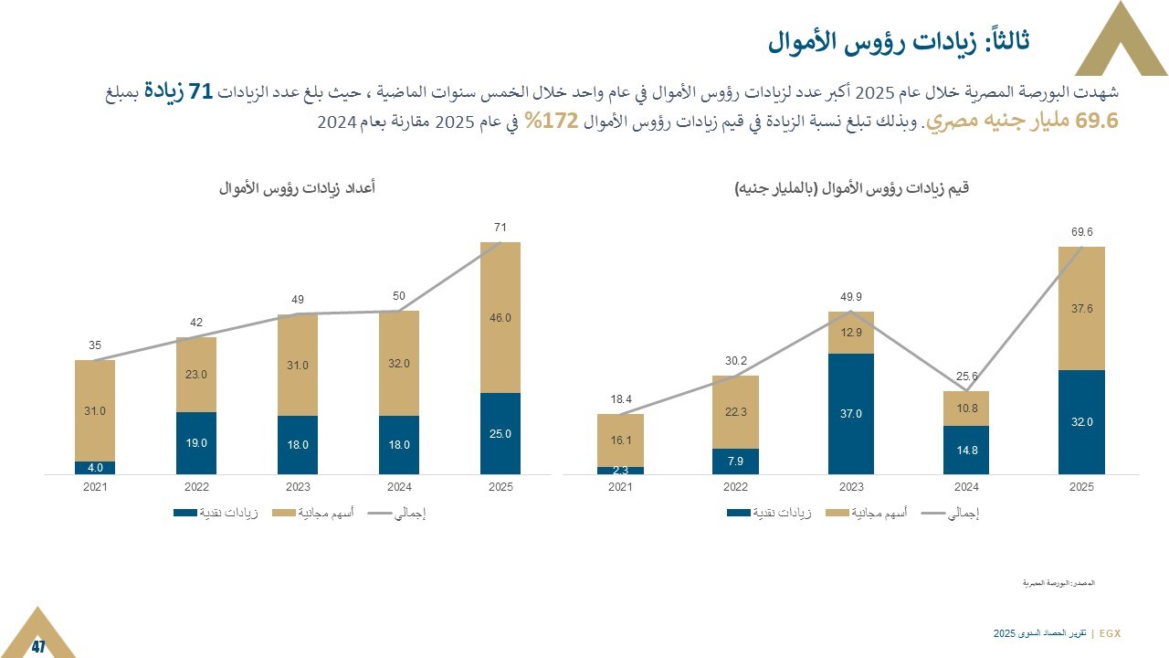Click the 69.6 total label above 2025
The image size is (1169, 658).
point(1081,233)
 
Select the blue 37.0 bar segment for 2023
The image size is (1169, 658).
point(851,414)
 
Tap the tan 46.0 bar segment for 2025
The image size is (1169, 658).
point(500,318)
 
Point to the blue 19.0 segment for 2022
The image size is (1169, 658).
point(196,443)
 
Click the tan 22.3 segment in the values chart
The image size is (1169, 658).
point(735,412)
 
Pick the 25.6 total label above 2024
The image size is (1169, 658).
point(966,377)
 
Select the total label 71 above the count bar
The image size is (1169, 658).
point(500,227)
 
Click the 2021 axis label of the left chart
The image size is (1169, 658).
point(95,487)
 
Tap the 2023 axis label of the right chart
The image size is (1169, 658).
point(851,487)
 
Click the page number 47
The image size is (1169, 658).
point(38,647)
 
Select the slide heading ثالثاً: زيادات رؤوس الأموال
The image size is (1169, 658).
point(899,41)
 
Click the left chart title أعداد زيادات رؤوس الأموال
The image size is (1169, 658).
point(298,187)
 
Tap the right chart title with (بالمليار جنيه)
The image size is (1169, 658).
point(851,187)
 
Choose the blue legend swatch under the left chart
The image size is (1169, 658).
point(184,514)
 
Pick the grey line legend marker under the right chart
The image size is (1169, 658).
point(934,514)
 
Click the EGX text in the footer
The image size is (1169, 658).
point(1110,632)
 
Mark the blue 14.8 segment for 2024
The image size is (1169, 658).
point(966,450)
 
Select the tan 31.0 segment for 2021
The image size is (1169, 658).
point(95,411)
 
